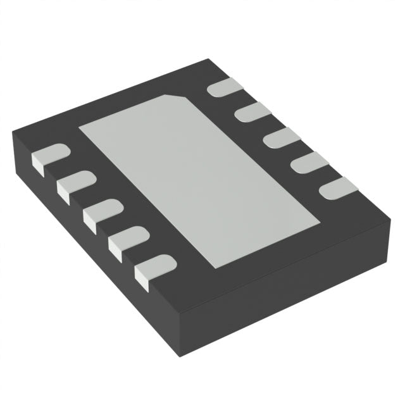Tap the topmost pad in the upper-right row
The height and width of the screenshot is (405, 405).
pyautogui.click(x=224, y=88)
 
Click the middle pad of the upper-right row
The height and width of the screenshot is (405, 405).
pyautogui.click(x=278, y=137)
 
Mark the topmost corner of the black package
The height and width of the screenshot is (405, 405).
pyautogui.click(x=209, y=59)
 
